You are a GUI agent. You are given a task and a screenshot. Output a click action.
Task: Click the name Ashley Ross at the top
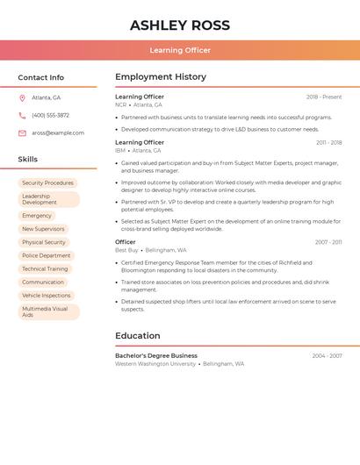click(x=180, y=25)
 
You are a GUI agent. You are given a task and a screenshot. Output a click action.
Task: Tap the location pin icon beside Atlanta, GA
click(x=22, y=97)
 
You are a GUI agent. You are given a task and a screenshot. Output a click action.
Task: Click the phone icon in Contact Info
click(x=22, y=115)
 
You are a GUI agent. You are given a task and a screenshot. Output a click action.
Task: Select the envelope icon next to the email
click(x=22, y=133)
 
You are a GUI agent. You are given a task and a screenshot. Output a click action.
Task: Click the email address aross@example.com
click(x=58, y=133)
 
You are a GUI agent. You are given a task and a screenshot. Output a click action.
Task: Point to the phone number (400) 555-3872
click(x=50, y=115)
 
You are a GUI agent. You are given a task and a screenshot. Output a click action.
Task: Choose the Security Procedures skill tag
click(x=47, y=183)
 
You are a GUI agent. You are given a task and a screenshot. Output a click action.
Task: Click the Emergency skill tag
click(x=37, y=215)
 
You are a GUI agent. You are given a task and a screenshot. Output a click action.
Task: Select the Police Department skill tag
click(x=46, y=255)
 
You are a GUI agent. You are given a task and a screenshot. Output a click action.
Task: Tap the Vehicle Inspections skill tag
click(x=46, y=296)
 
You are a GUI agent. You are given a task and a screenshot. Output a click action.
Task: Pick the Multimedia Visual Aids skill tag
click(x=47, y=311)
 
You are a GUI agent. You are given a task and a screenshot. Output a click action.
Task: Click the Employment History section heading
click(x=161, y=77)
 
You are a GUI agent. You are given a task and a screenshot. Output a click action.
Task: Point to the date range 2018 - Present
click(x=324, y=97)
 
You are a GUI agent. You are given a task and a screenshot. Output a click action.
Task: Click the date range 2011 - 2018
click(x=329, y=142)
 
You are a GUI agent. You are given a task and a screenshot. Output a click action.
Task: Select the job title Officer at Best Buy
click(x=126, y=242)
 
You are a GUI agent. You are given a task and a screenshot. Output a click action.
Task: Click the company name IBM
click(x=120, y=150)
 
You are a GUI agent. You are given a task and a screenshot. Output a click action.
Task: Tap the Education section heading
click(x=138, y=336)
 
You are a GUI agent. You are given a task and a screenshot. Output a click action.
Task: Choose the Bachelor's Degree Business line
click(x=156, y=356)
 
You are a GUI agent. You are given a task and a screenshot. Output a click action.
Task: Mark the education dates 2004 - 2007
click(x=327, y=356)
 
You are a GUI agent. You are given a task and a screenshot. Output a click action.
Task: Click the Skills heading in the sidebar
click(x=28, y=160)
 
